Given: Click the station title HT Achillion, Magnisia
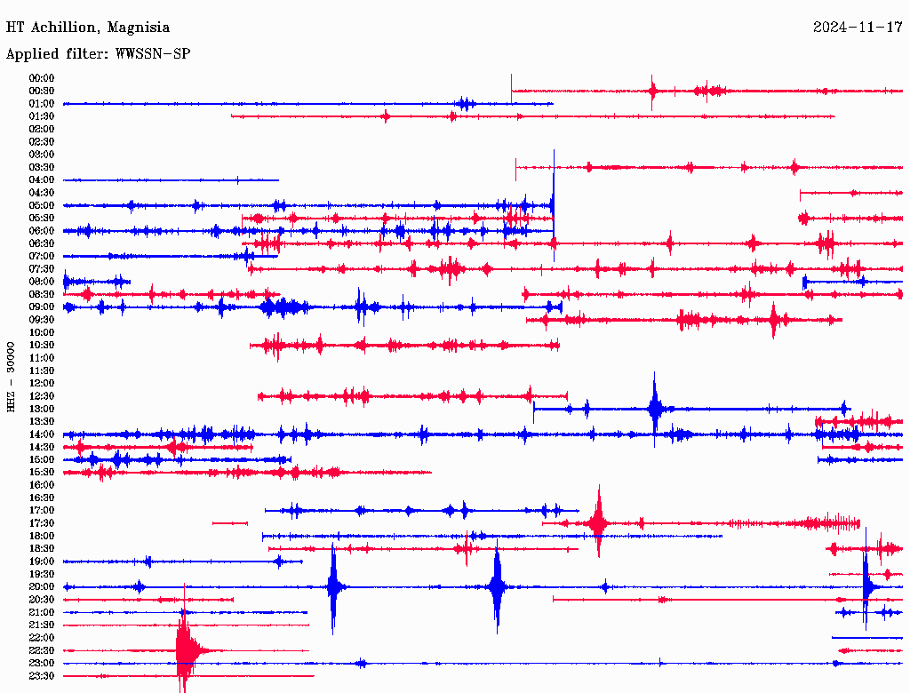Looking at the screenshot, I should click(x=87, y=28).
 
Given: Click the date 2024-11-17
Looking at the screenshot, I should click(x=858, y=28).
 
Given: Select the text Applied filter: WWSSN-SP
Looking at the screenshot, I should click(x=98, y=54).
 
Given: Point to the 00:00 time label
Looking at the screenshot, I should click(x=42, y=78).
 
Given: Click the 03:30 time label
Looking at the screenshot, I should click(x=42, y=167).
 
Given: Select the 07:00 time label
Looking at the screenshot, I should click(x=42, y=256).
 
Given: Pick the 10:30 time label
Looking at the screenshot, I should click(x=42, y=345).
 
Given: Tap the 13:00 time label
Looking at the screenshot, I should click(x=42, y=409).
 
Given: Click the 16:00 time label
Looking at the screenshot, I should click(x=42, y=485).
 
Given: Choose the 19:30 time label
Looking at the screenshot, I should click(x=42, y=574).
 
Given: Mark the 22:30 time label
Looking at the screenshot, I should click(x=42, y=650).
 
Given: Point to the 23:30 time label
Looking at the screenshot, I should click(x=42, y=676).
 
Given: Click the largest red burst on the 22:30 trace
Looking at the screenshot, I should click(x=184, y=651).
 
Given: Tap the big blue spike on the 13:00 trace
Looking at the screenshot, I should click(x=655, y=409).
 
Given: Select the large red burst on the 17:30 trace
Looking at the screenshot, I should click(x=599, y=523).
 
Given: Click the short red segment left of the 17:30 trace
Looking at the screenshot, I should click(x=229, y=523).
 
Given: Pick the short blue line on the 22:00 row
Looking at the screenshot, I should click(x=866, y=638).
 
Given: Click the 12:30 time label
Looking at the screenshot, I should click(x=42, y=396).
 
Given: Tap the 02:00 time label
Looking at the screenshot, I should click(x=42, y=129).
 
